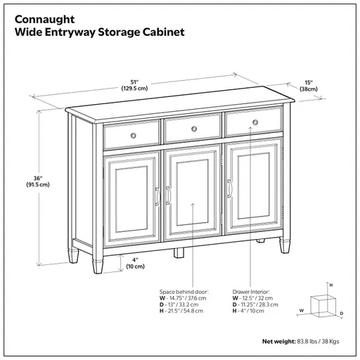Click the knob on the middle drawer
(192, 129)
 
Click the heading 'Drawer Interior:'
(251, 291)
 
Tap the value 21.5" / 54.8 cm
(185, 311)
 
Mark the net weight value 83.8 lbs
(304, 342)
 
